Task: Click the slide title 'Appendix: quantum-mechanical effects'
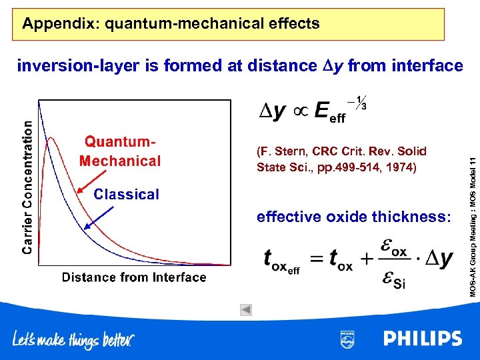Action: pos(171,25)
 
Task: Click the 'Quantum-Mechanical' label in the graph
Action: pos(120,151)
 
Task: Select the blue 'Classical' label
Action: pos(126,195)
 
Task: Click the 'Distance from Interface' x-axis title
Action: pos(134,277)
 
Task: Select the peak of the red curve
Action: pos(49,139)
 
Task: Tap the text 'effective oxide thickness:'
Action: pos(354,217)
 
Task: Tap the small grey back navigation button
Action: pos(246,309)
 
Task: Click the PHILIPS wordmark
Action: pos(423,339)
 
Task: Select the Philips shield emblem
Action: pos(347,339)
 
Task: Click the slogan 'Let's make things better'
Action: pos(73,340)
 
